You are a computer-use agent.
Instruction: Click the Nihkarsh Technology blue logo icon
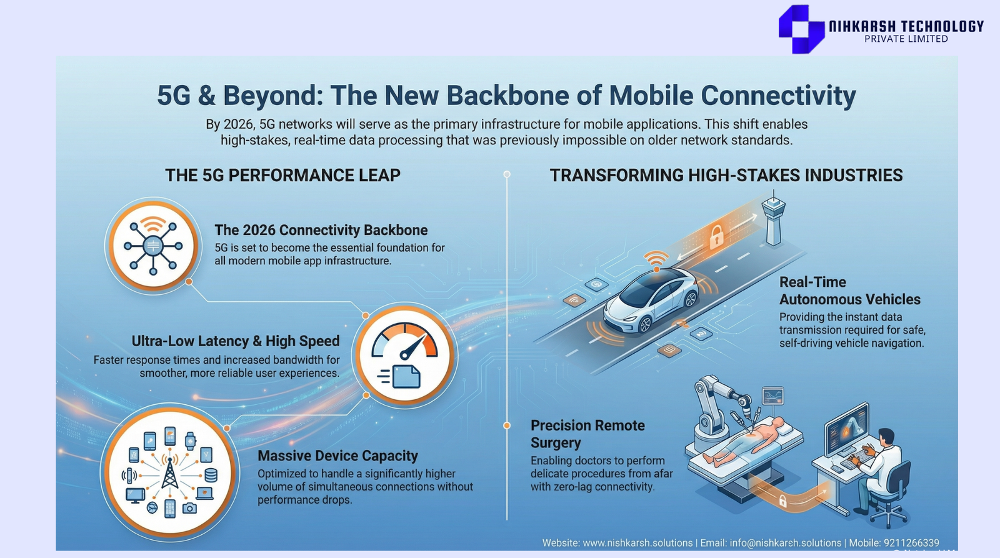tap(801, 29)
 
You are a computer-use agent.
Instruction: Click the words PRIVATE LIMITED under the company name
tap(906, 39)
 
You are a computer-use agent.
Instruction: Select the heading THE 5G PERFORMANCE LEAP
tap(282, 175)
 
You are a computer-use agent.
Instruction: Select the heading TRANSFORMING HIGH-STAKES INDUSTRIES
tap(726, 175)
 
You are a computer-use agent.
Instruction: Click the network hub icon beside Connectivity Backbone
tap(153, 246)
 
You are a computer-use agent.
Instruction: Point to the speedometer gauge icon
tap(404, 340)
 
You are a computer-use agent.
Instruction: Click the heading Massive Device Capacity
tap(337, 456)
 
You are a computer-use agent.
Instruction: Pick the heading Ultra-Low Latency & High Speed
tap(235, 341)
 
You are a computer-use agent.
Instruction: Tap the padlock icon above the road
tap(716, 237)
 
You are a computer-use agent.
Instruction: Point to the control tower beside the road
tap(773, 217)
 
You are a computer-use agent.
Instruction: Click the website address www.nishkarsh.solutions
tap(637, 543)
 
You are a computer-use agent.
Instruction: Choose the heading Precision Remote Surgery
tap(587, 434)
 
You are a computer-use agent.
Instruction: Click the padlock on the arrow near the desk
tap(782, 501)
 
